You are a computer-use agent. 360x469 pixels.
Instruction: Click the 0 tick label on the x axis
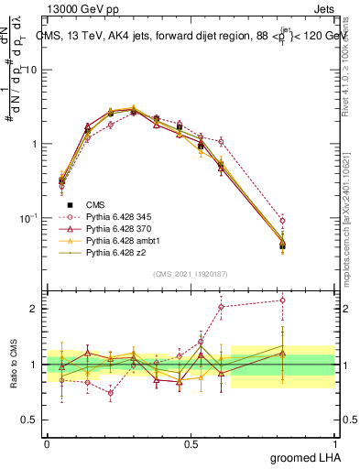[x=47, y=443]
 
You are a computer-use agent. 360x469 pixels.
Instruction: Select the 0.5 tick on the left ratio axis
[x=33, y=420]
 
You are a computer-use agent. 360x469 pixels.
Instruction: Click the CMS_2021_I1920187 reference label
[x=191, y=274]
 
